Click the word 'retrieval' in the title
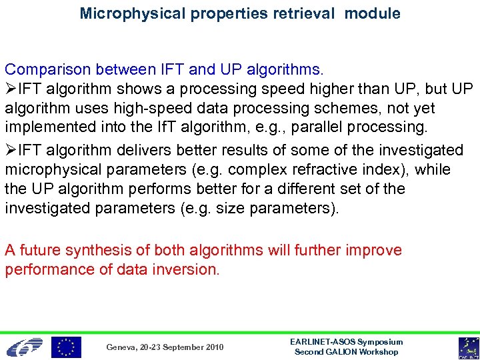[x=304, y=13]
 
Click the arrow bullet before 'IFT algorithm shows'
[x=11, y=89]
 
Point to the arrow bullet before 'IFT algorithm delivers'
[x=11, y=151]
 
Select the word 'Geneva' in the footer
[x=122, y=347]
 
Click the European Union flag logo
[x=66, y=347]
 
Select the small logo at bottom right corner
[x=468, y=347]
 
